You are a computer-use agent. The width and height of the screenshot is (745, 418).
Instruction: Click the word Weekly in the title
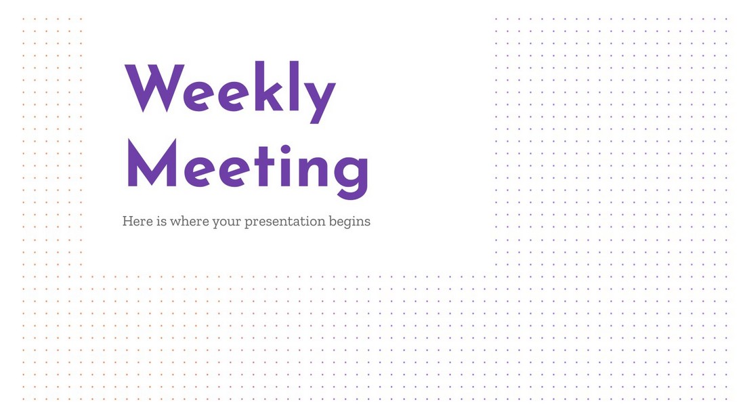(230, 91)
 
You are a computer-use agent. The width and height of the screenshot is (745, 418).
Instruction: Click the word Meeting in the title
(247, 169)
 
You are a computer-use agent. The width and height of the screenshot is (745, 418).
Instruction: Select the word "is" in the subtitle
(162, 221)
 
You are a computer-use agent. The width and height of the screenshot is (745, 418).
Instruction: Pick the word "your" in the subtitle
(226, 222)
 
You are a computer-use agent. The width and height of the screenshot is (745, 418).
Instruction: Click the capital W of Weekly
(155, 88)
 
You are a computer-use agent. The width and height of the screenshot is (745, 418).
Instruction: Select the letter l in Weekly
(295, 86)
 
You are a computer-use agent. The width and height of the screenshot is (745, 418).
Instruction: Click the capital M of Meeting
(152, 163)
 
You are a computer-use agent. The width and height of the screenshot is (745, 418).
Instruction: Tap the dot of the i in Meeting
(286, 149)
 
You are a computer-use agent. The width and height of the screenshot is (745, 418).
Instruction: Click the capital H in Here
(127, 221)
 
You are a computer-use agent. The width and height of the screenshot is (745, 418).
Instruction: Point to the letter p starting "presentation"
(249, 224)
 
